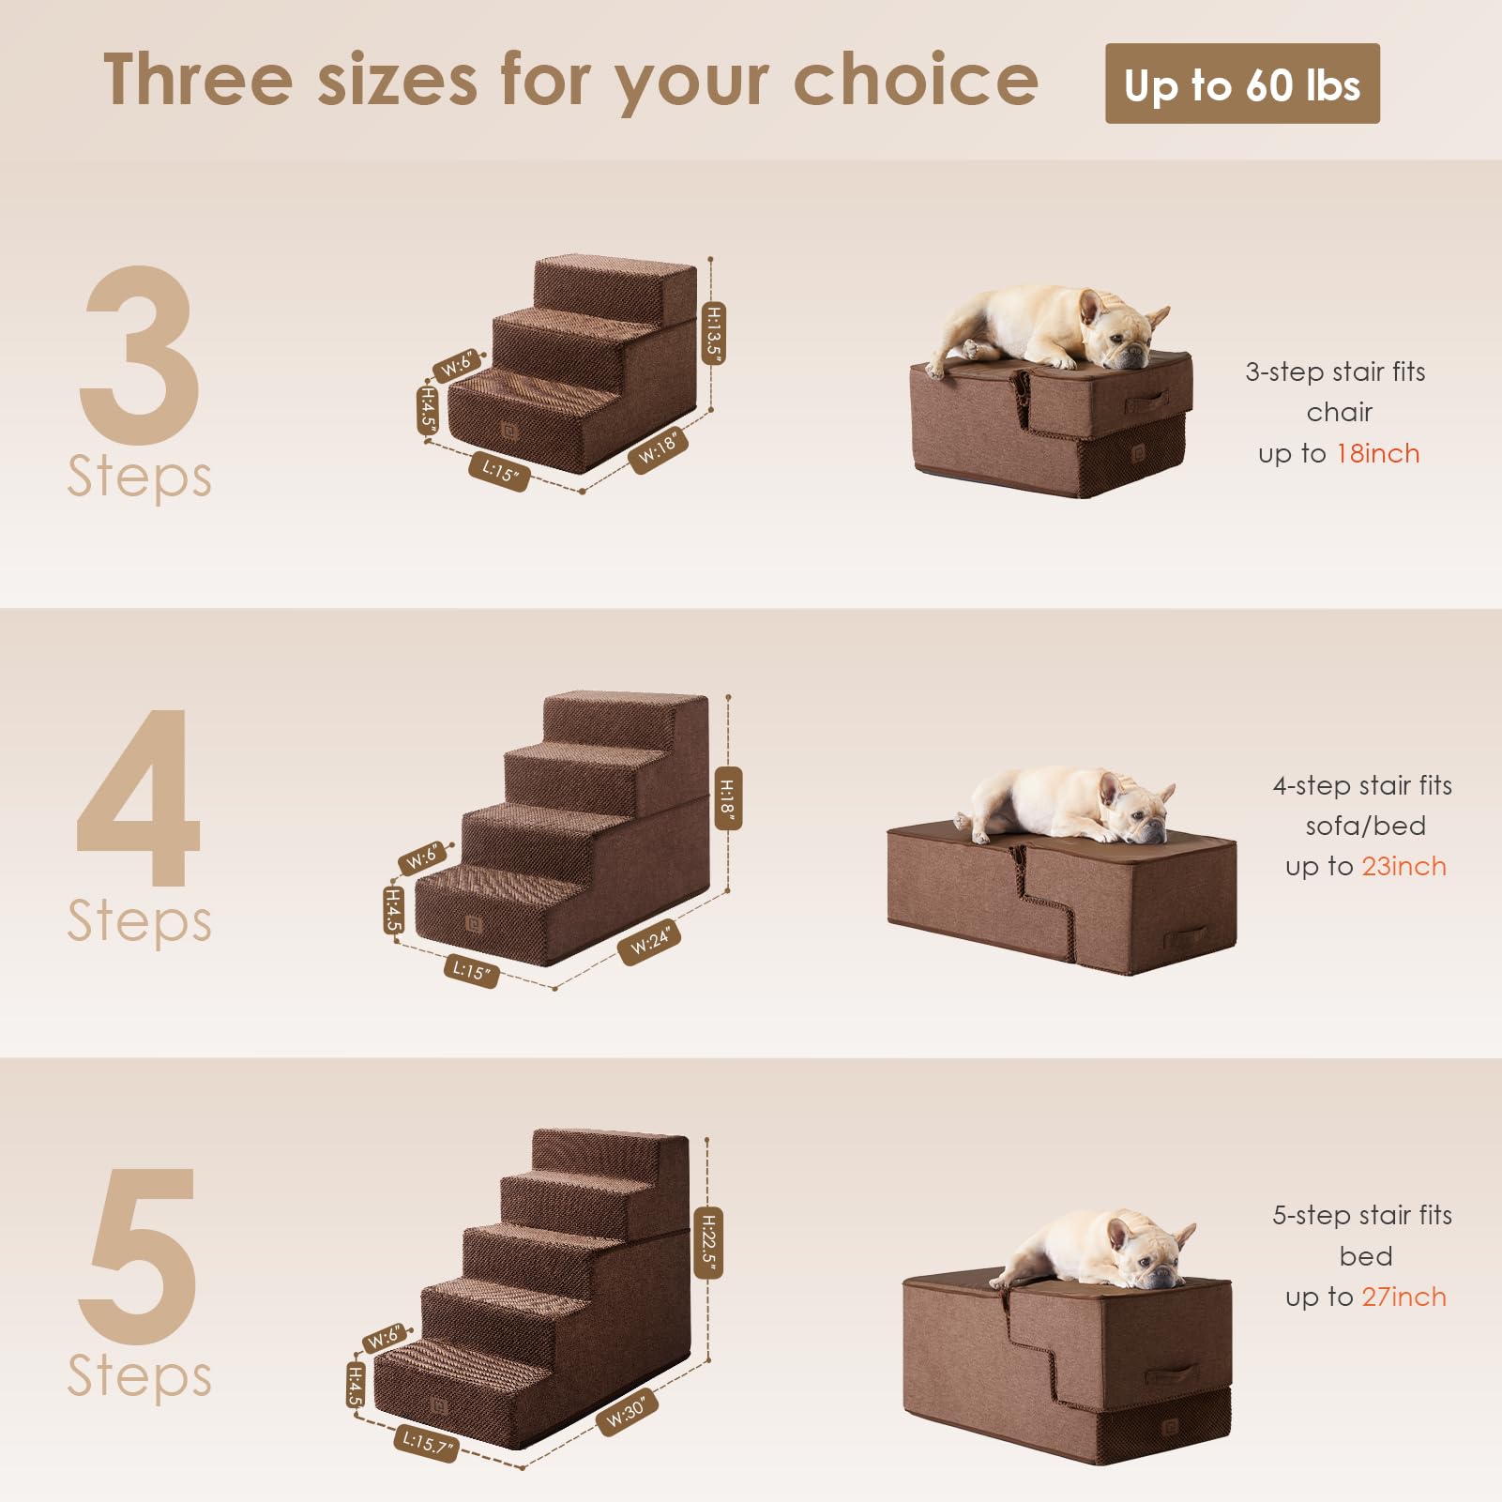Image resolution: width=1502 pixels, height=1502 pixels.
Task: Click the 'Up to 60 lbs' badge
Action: click(x=1241, y=83)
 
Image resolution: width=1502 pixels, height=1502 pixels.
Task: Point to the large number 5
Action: click(x=139, y=1255)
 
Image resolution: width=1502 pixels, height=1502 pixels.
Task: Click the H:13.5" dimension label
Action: click(x=714, y=333)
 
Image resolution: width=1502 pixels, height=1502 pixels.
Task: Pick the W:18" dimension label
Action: click(x=658, y=448)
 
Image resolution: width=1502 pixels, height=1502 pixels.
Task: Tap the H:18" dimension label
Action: click(x=727, y=797)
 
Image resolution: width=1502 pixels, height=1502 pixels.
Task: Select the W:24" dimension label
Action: click(x=649, y=941)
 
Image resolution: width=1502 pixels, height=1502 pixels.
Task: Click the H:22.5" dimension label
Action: click(x=708, y=1242)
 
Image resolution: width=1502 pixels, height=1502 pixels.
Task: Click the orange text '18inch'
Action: click(x=1377, y=454)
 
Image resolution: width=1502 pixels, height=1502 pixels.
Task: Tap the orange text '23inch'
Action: click(x=1404, y=867)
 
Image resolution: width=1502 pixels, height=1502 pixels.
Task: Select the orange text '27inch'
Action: click(x=1404, y=1297)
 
